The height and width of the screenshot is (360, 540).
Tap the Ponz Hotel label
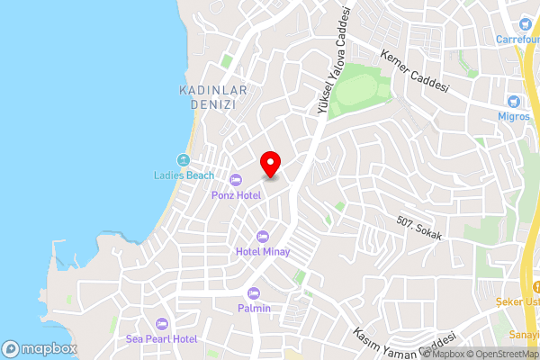(x=236, y=195)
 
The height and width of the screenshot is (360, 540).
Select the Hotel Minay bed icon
(x=263, y=236)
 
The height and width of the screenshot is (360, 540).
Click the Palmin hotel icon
(x=254, y=293)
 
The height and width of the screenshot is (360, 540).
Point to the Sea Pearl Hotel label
(x=161, y=338)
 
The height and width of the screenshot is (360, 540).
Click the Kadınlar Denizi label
(x=207, y=98)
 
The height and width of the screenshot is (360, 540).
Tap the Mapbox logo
(x=38, y=348)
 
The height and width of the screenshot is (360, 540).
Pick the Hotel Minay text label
(x=263, y=252)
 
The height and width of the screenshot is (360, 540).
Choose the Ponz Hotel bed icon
(x=236, y=179)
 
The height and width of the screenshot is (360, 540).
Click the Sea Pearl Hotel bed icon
(x=162, y=323)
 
